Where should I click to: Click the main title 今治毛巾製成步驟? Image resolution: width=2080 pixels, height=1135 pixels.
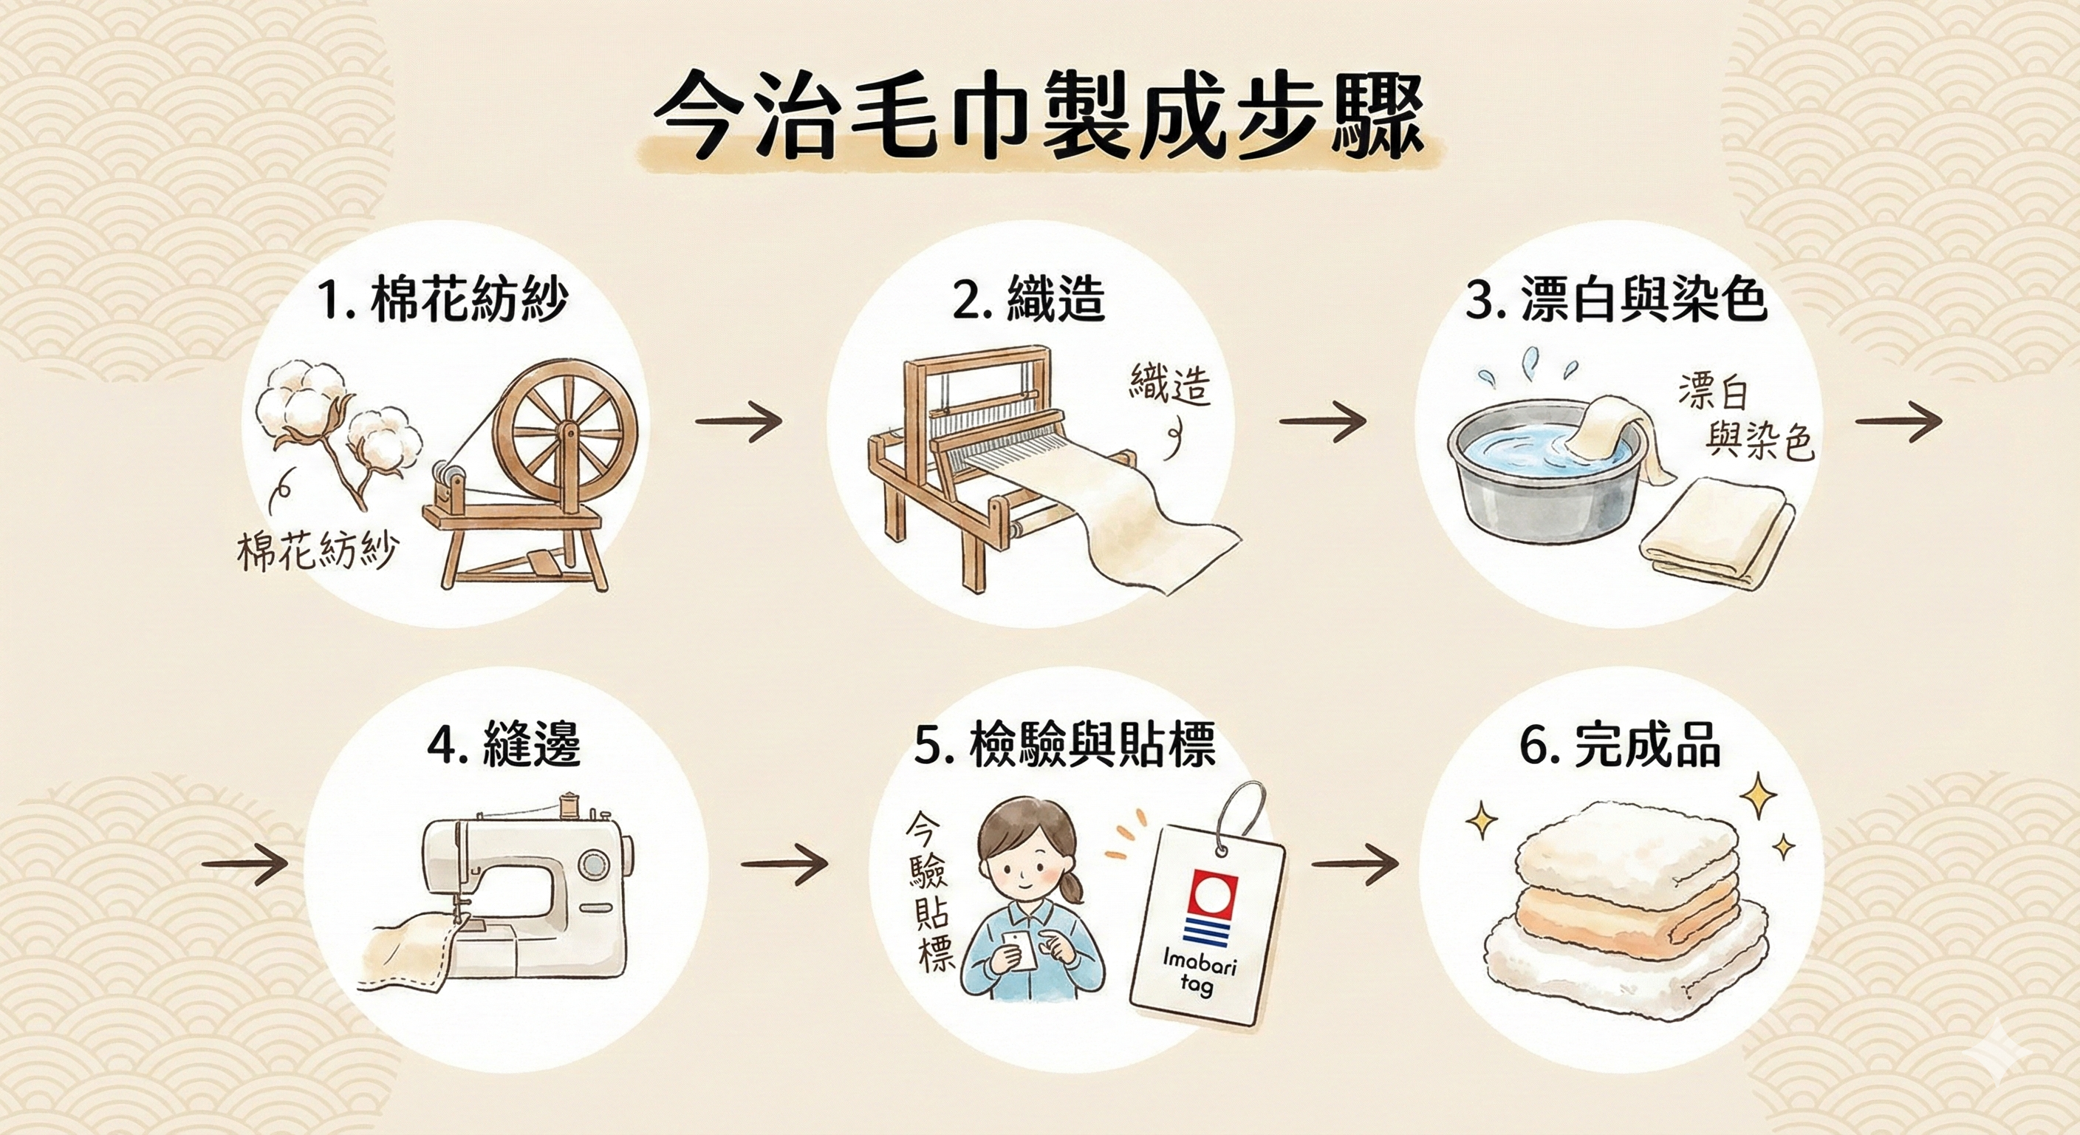1039,128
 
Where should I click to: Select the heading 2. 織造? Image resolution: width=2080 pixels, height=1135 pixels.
1028,299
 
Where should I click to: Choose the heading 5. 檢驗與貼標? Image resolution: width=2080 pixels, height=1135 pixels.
1064,743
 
